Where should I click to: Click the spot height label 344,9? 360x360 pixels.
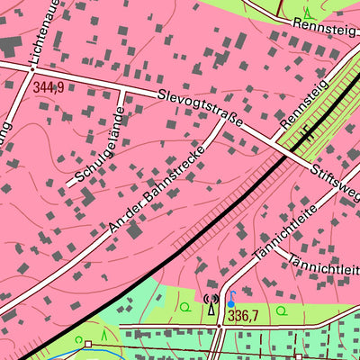(x=49, y=87)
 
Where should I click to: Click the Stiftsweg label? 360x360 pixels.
(x=337, y=181)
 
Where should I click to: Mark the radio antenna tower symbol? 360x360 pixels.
(x=211, y=307)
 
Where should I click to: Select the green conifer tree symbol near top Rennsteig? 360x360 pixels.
(x=309, y=13)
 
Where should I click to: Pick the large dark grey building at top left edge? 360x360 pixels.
(x=8, y=45)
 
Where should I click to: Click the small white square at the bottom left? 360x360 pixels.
(x=88, y=343)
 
